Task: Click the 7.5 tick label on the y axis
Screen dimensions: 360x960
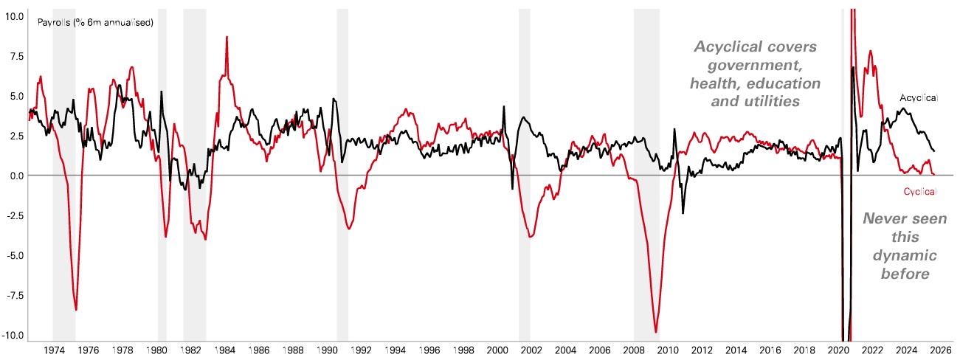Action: point(14,55)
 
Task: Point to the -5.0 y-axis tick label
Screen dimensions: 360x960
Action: point(13,255)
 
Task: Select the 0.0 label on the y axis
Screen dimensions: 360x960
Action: point(15,176)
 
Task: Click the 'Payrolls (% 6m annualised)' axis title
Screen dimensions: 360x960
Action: point(95,23)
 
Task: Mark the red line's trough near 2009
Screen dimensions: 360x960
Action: point(656,332)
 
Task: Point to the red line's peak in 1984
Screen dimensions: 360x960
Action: point(227,37)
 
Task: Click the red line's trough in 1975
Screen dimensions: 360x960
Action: point(76,310)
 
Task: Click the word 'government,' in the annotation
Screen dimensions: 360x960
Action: point(755,64)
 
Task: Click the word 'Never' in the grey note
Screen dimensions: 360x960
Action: point(888,219)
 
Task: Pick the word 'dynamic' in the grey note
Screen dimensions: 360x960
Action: point(905,255)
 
